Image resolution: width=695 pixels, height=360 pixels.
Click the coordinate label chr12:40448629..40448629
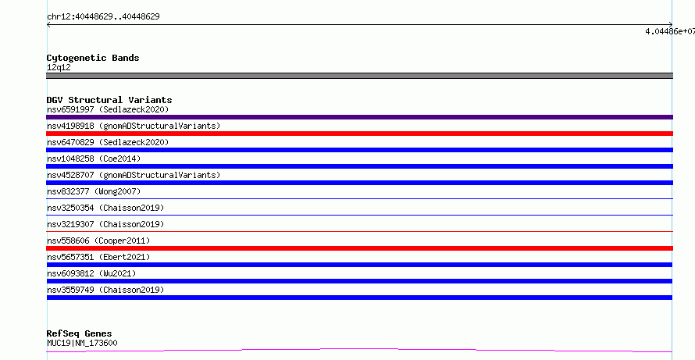coord(103,17)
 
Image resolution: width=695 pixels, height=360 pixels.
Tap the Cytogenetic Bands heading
coord(93,58)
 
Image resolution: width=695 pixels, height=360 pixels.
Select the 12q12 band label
coord(59,68)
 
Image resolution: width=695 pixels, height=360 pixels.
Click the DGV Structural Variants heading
coord(109,100)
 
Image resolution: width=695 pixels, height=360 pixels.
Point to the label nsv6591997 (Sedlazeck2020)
coord(108,109)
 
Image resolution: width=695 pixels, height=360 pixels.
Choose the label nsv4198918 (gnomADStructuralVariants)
coord(134,126)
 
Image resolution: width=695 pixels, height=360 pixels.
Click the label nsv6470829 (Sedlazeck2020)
coord(108,142)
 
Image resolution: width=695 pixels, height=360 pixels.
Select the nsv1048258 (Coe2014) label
coord(94,159)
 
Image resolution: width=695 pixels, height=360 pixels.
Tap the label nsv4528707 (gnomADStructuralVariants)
coord(134,175)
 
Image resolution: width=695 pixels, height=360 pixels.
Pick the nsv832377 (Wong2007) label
coord(94,191)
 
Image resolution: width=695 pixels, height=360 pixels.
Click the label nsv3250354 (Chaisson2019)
coord(105,208)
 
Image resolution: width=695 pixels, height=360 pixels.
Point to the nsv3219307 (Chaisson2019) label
coord(105,224)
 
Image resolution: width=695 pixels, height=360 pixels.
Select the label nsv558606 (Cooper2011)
coord(98,241)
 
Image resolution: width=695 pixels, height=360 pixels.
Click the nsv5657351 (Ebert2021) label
coord(98,257)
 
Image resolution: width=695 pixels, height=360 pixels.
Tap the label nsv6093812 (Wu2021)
coord(91,273)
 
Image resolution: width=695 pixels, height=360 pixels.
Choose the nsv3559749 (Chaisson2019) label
coord(105,290)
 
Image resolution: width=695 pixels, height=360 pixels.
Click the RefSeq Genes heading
coord(80,333)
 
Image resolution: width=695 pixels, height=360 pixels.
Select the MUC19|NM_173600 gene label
coord(82,343)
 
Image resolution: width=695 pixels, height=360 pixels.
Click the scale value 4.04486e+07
coord(670,31)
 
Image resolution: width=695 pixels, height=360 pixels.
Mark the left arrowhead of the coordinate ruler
coord(48,25)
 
